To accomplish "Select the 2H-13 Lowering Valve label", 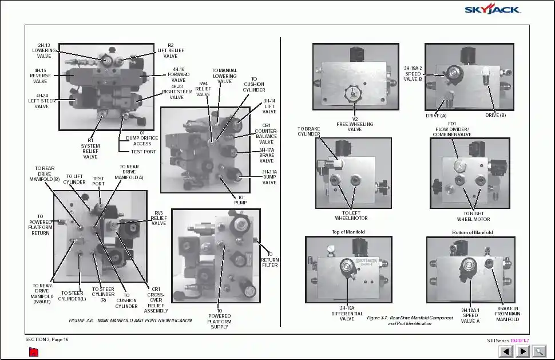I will pos(44,50).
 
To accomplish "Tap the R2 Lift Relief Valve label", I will pos(171,50).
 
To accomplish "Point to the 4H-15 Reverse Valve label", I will pos(40,76).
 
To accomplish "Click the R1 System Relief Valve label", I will pos(90,148).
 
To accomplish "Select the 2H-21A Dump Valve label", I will pos(269,177).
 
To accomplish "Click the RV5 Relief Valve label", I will pos(158,218).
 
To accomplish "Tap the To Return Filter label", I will pos(270,259).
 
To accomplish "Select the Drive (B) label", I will pos(495,116).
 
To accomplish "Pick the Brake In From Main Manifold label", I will pos(507,314).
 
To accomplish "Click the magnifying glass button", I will pos(538,351).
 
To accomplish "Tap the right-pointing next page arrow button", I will pos(522,351).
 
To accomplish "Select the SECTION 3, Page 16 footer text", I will pos(47,339).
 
